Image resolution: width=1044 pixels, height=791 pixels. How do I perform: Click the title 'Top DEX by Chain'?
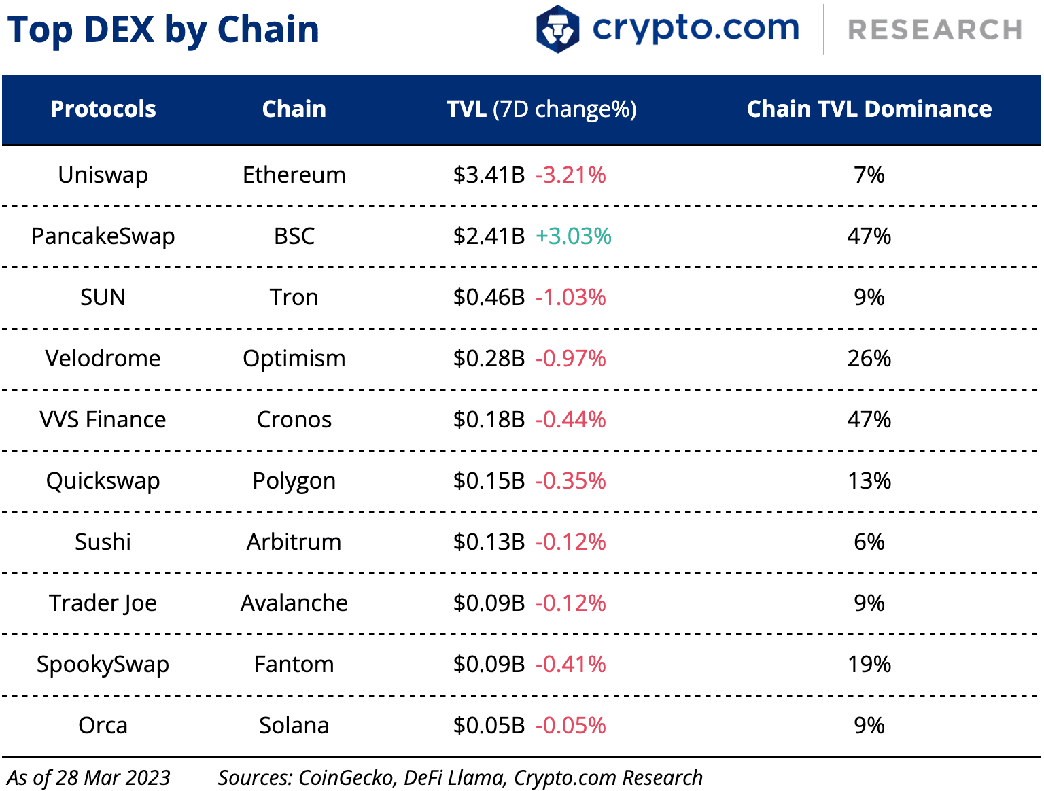pos(163,30)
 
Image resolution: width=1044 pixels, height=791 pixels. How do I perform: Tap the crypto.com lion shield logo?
pos(557,29)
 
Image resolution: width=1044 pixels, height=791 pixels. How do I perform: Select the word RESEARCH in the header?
pos(935,30)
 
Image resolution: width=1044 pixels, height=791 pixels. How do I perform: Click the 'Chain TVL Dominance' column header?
pos(869,109)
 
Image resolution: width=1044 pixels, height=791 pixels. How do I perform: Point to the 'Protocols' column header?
pos(103,109)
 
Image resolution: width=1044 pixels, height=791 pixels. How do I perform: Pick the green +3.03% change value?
pos(574,236)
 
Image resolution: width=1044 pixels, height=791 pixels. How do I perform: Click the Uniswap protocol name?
pos(103,175)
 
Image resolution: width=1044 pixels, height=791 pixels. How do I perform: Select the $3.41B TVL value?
pos(489,175)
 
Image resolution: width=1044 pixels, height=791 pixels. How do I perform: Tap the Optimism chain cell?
pos(294,359)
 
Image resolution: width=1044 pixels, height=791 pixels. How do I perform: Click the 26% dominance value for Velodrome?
pos(869,359)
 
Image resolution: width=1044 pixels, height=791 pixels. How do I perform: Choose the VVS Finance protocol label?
pos(103,420)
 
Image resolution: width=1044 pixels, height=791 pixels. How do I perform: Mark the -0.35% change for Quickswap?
pos(571,481)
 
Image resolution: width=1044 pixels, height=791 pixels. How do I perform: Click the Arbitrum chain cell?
pos(294,542)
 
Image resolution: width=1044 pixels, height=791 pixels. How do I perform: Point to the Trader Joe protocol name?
pos(103,603)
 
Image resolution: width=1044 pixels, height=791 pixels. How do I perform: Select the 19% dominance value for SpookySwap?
pos(869,665)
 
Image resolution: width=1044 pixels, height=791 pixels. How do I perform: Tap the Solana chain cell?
pos(294,726)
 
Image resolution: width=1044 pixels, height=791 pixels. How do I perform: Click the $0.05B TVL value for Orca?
pos(489,726)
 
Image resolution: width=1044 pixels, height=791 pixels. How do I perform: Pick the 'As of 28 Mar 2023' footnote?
pos(88,777)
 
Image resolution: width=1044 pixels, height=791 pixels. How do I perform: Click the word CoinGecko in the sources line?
pos(346,777)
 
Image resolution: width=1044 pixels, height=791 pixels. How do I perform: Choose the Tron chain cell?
pos(294,298)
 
